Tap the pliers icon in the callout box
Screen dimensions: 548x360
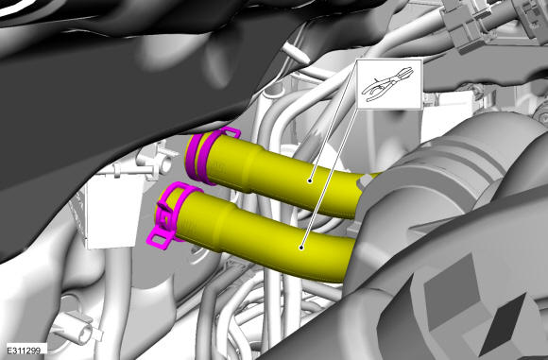click(x=388, y=84)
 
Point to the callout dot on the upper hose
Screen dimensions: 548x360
click(x=310, y=180)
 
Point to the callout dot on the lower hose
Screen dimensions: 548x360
click(x=300, y=248)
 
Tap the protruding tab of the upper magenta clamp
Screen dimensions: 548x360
click(x=230, y=133)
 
